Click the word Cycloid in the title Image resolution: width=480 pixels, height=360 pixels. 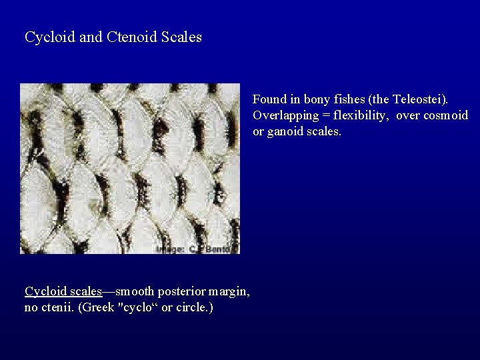[50, 37]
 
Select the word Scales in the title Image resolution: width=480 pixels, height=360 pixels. [181, 37]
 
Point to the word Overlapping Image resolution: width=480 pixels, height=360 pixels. [285, 115]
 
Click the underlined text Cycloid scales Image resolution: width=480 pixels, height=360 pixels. [63, 291]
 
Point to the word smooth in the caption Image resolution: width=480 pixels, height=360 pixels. [136, 291]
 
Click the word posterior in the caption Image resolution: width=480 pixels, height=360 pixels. [182, 291]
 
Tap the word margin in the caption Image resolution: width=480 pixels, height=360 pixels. [229, 291]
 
